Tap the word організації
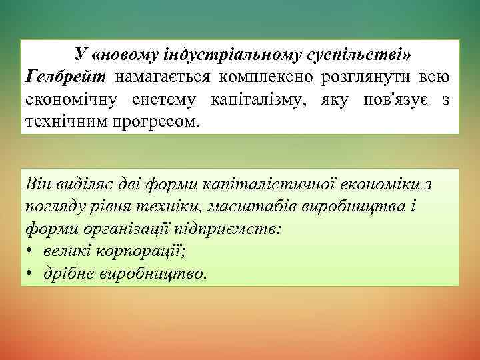click(x=126, y=229)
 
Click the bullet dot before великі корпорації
click(x=31, y=251)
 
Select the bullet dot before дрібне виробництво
click(x=31, y=274)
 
